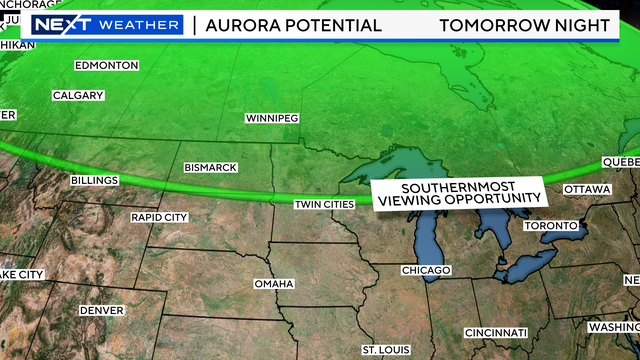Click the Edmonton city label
click(107, 66)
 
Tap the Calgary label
click(78, 96)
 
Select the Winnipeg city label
click(272, 118)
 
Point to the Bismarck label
click(210, 167)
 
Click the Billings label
click(94, 181)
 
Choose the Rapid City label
click(159, 217)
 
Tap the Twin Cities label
click(324, 205)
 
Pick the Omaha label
click(274, 284)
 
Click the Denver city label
click(101, 311)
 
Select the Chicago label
click(426, 271)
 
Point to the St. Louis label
click(385, 349)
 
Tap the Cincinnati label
click(496, 332)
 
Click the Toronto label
click(552, 226)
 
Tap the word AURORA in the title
click(241, 25)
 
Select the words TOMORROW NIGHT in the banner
click(528, 25)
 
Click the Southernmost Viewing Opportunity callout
click(458, 195)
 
